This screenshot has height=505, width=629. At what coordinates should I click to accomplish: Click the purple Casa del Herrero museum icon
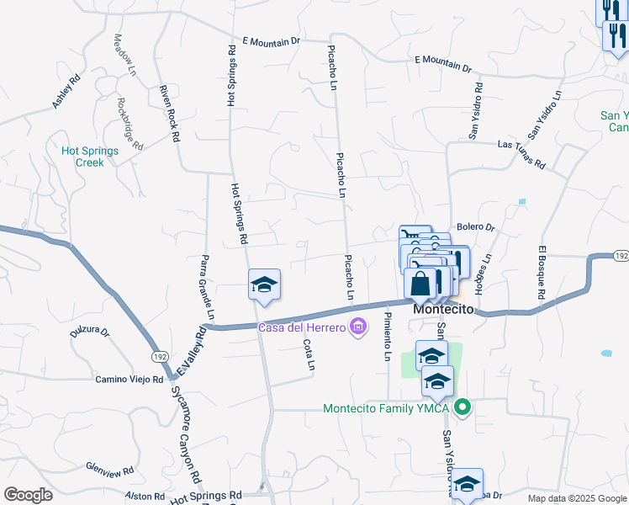358,327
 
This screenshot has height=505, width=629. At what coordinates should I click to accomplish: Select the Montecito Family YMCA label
387,409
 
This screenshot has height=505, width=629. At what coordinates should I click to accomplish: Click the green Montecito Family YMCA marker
462,409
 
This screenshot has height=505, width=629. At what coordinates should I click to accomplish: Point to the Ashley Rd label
66,92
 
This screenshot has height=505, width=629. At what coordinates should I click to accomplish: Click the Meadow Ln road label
124,56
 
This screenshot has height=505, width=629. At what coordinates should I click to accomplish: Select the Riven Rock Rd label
171,113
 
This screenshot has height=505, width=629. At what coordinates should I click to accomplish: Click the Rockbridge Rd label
130,124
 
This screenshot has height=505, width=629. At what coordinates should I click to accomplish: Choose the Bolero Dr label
476,227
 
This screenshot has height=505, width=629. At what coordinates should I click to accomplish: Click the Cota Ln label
309,354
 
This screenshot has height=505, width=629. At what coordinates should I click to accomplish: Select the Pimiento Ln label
387,336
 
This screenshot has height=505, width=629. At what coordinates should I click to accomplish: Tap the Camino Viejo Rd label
129,380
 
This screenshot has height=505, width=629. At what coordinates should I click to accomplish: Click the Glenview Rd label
110,469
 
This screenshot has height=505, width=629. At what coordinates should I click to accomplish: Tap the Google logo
28,495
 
